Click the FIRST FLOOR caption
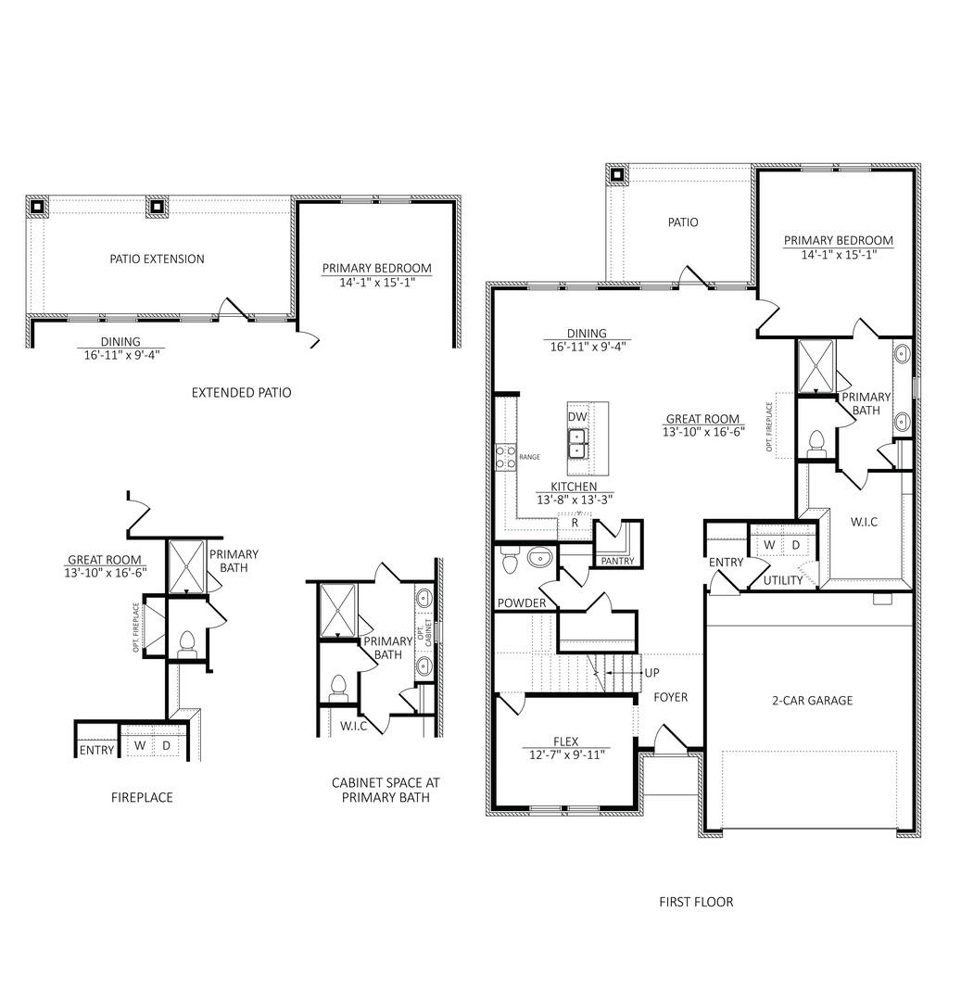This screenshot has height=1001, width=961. pyautogui.click(x=695, y=901)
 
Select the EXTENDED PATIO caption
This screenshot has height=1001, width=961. pyautogui.click(x=241, y=392)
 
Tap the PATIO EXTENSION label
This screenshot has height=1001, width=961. pyautogui.click(x=157, y=259)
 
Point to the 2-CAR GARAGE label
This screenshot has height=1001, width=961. pyautogui.click(x=811, y=701)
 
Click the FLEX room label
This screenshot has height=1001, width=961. pyautogui.click(x=565, y=741)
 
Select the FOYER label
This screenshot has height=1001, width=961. pyautogui.click(x=670, y=697)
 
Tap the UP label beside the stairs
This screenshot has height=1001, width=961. pyautogui.click(x=652, y=672)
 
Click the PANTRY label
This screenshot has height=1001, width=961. pyautogui.click(x=617, y=561)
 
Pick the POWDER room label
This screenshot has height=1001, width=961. pyautogui.click(x=522, y=603)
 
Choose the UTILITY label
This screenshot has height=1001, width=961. pyautogui.click(x=782, y=580)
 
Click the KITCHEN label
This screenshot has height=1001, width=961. pyautogui.click(x=574, y=487)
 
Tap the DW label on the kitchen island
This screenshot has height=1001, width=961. pyautogui.click(x=577, y=417)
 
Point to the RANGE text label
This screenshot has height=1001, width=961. pyautogui.click(x=529, y=457)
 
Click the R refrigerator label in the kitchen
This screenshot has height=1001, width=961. pyautogui.click(x=575, y=523)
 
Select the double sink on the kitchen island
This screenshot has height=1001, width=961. pyautogui.click(x=577, y=443)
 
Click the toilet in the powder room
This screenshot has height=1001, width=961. pyautogui.click(x=509, y=561)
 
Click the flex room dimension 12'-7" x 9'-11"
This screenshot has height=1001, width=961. pyautogui.click(x=565, y=754)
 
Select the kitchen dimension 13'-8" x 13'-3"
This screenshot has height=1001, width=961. pyautogui.click(x=574, y=500)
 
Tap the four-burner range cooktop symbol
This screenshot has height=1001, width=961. pyautogui.click(x=506, y=456)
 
